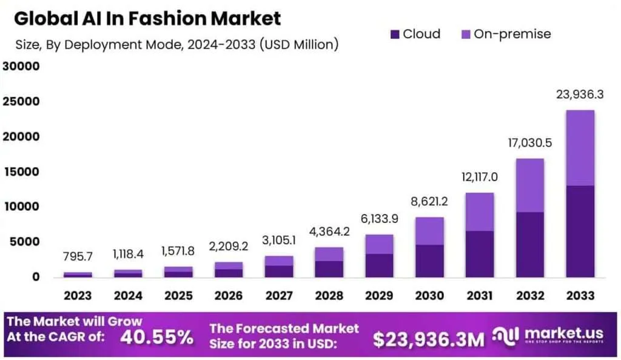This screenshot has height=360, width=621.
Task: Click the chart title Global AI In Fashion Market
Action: click(147, 18)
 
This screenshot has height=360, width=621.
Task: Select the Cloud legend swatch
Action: click(395, 35)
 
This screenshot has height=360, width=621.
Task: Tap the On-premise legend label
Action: click(512, 34)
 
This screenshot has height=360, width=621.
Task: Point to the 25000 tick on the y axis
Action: click(20, 101)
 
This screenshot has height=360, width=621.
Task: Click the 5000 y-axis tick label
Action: click(23, 242)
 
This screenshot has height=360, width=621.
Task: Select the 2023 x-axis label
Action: click(78, 296)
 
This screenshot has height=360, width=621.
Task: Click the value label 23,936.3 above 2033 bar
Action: click(579, 95)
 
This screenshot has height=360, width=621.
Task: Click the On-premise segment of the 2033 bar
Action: click(579, 148)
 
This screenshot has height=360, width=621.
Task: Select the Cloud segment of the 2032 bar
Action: click(529, 245)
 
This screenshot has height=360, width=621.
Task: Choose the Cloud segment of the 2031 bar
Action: click(479, 254)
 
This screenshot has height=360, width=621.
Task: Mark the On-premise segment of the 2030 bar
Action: click(429, 231)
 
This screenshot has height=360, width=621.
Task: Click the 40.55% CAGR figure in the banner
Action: click(156, 337)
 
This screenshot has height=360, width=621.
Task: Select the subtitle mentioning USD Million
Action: click(176, 45)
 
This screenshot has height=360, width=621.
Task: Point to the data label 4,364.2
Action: click(329, 232)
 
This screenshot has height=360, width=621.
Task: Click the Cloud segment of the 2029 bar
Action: click(379, 265)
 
